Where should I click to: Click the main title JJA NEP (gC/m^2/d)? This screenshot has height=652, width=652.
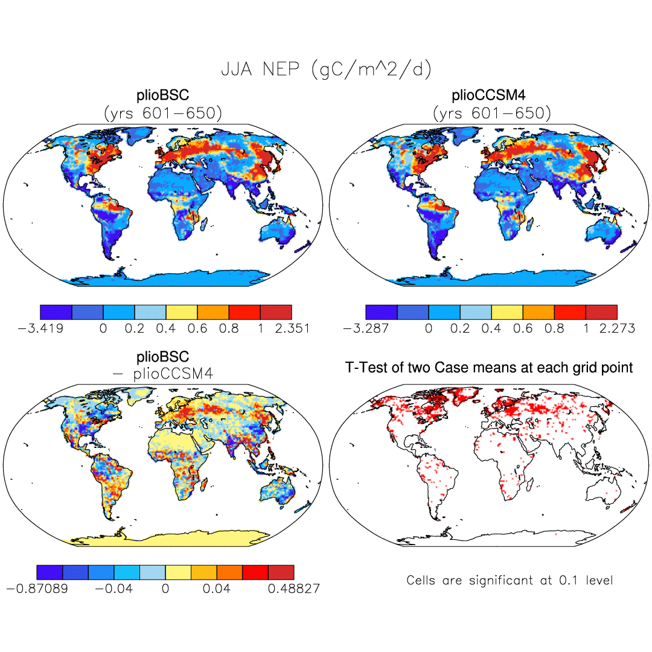(x=326, y=70)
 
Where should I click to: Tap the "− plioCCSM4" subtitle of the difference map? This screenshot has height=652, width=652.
(x=163, y=374)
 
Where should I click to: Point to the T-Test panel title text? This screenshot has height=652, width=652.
(x=489, y=367)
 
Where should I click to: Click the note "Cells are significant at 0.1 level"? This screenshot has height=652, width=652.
(x=510, y=580)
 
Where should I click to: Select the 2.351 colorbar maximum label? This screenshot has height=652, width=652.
(x=290, y=328)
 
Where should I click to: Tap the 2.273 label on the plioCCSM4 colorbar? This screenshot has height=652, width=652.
(x=615, y=328)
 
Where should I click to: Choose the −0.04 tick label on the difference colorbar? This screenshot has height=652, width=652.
(x=113, y=589)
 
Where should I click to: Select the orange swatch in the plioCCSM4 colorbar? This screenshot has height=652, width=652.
(x=539, y=312)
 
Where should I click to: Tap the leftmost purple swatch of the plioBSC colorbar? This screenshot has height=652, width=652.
(x=56, y=312)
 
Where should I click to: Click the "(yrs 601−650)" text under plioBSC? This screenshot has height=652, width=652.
(x=163, y=113)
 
